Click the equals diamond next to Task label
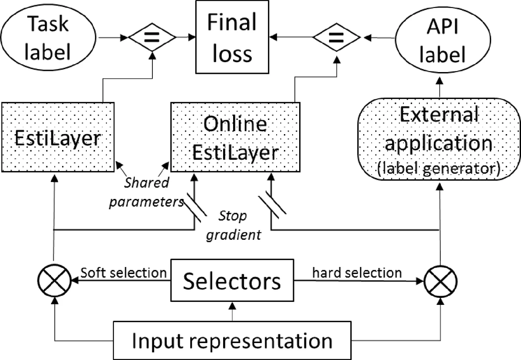pyautogui.click(x=152, y=38)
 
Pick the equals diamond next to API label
pyautogui.click(x=334, y=38)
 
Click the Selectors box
pyautogui.click(x=232, y=281)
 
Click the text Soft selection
pyautogui.click(x=124, y=273)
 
